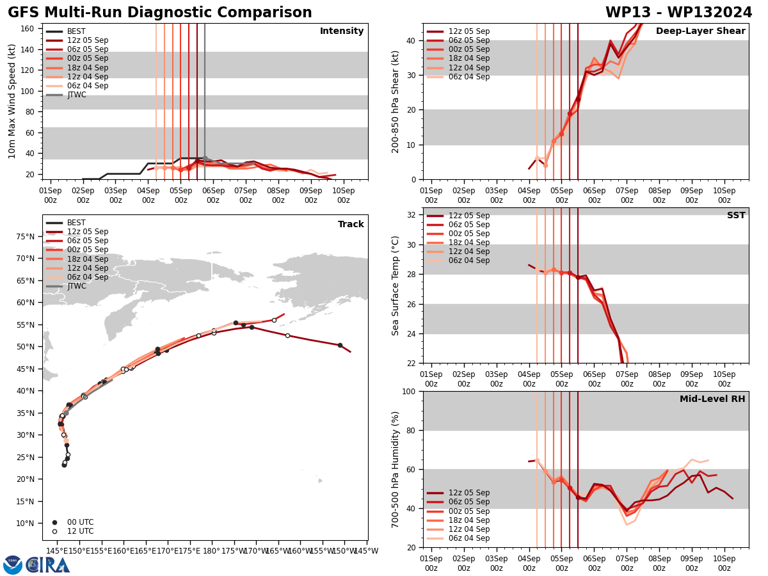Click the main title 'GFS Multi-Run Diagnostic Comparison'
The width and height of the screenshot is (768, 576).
tap(160, 13)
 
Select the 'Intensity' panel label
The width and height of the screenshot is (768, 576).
tap(342, 31)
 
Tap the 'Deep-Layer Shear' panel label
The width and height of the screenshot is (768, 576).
tap(700, 31)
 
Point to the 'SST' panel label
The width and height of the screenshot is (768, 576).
tap(735, 216)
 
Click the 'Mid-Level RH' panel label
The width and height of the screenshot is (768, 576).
tap(712, 399)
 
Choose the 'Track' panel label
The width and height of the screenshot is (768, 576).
tap(351, 225)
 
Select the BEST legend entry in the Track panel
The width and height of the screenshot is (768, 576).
tap(76, 223)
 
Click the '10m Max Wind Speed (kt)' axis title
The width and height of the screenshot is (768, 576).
tap(12, 101)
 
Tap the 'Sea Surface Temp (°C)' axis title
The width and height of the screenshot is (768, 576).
tap(396, 285)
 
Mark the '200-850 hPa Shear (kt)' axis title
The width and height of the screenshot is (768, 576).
tap(396, 101)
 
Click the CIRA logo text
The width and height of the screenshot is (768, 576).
tap(48, 565)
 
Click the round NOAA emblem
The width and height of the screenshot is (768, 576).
tap(13, 565)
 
